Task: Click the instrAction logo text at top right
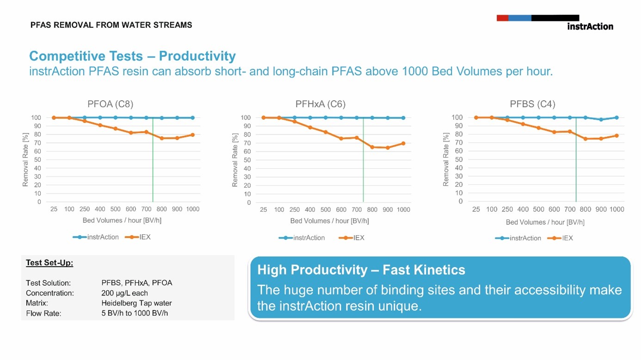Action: click(590, 26)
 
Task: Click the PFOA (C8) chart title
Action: click(110, 104)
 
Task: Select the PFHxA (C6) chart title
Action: click(320, 104)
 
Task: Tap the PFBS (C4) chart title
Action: click(532, 104)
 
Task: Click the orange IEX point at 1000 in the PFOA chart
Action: click(192, 135)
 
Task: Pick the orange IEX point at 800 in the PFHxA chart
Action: click(372, 147)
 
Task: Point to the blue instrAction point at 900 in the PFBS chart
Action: click(601, 120)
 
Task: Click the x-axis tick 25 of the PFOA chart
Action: click(54, 209)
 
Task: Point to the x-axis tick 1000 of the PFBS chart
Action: click(616, 210)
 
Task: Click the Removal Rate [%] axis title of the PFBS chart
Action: click(446, 159)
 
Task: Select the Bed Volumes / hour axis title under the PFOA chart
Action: click(122, 220)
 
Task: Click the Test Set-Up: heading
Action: click(49, 263)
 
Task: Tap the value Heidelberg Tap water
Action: click(136, 303)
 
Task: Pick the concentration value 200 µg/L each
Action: click(124, 293)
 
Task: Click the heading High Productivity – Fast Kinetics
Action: click(361, 270)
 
